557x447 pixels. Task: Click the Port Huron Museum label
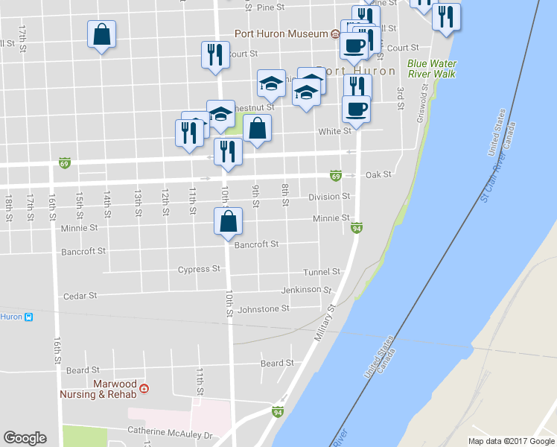tap(281, 34)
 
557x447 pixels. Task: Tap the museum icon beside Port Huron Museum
tap(335, 34)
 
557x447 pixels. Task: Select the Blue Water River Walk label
tap(432, 69)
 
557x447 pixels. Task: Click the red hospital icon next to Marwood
tap(144, 388)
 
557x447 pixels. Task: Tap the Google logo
tap(25, 438)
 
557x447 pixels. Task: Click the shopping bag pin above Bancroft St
tap(228, 222)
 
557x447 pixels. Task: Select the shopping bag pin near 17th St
tap(101, 35)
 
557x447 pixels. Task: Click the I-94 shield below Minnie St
tap(357, 228)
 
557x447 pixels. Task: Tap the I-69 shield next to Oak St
tap(336, 176)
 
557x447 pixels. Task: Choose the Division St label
tap(329, 197)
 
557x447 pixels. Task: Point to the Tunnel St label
tap(322, 272)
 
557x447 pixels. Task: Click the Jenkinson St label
tap(306, 290)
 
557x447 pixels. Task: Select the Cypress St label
tap(199, 269)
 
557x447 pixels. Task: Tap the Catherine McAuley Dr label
tap(170, 431)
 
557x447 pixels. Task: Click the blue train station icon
tap(28, 317)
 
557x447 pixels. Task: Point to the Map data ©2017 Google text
tap(510, 441)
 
